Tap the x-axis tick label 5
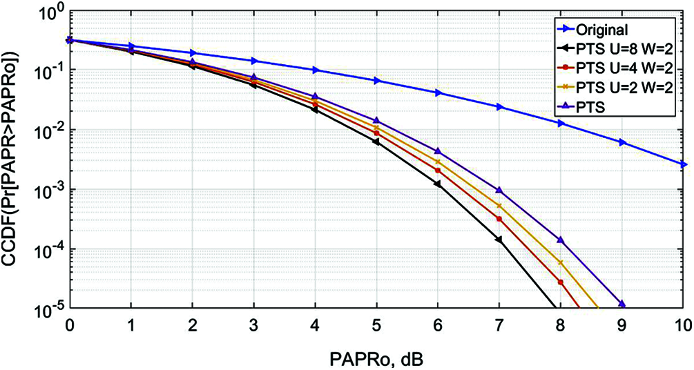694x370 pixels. pyautogui.click(x=376, y=324)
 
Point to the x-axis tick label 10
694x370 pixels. pyautogui.click(x=682, y=324)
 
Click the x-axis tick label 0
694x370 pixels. pyautogui.click(x=69, y=324)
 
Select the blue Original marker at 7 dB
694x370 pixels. pyautogui.click(x=499, y=107)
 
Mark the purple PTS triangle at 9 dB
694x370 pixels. pyautogui.click(x=622, y=304)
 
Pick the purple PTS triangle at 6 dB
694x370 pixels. pyautogui.click(x=438, y=150)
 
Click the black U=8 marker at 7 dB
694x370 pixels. pyautogui.click(x=499, y=240)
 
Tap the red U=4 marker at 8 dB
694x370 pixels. pyautogui.click(x=561, y=282)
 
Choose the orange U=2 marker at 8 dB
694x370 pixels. pyautogui.click(x=561, y=263)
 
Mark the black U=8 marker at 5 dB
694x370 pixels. pyautogui.click(x=376, y=142)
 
